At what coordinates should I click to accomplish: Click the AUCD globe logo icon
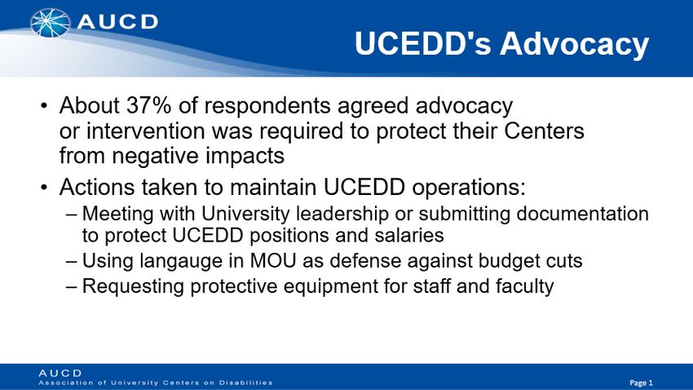[x=50, y=23]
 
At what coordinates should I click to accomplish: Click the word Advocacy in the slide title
[x=574, y=44]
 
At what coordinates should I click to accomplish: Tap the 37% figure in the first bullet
[x=149, y=106]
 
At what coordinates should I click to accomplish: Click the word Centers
[x=544, y=131]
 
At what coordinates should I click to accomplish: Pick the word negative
[x=155, y=157]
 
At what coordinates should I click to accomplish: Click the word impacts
[x=245, y=157]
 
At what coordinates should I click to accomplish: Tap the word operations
[x=469, y=188]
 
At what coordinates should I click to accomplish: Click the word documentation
[x=582, y=214]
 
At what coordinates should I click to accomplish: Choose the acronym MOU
[x=272, y=261]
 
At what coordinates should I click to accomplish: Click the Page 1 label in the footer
[x=642, y=383]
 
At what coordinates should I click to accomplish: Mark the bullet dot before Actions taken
[x=44, y=188]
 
